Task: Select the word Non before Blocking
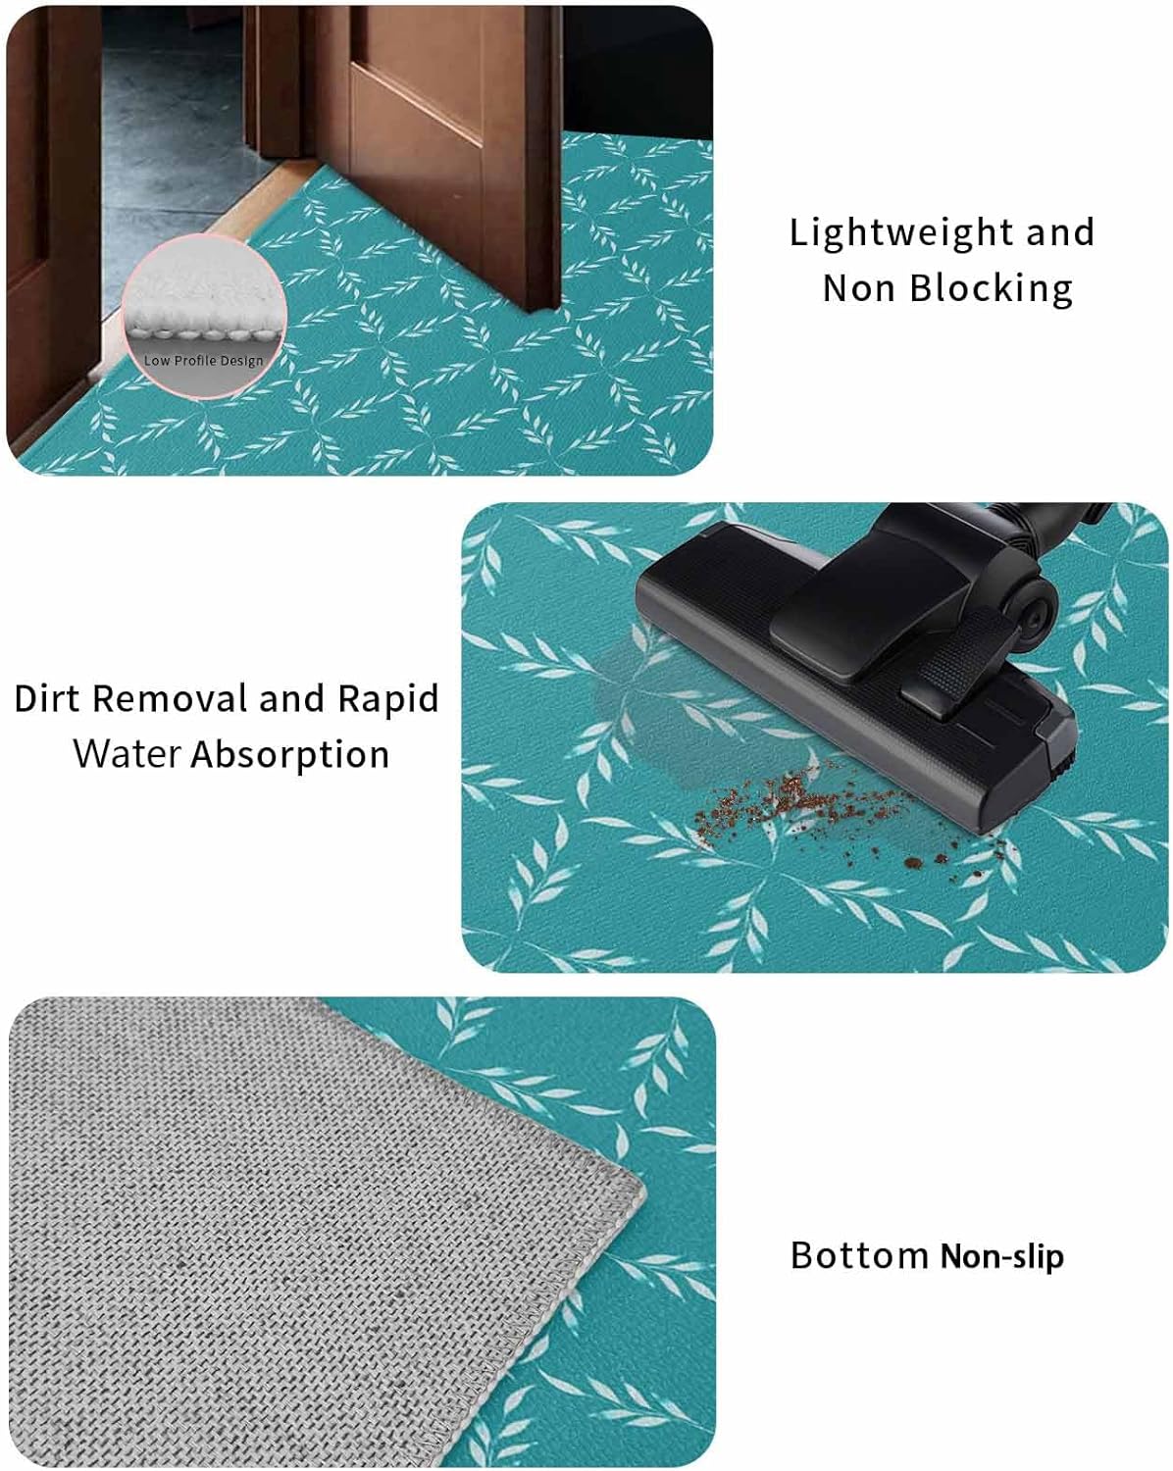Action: pos(859,288)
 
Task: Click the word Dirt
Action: pos(48,698)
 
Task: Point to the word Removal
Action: pos(172,698)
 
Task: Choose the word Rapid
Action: pos(387,698)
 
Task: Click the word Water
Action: pos(127,754)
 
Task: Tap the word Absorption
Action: pos(290,755)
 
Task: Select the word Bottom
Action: pos(859,1255)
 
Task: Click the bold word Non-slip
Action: pos(1001,1256)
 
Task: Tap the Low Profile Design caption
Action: pos(204,361)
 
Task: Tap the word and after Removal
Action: pos(291,698)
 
